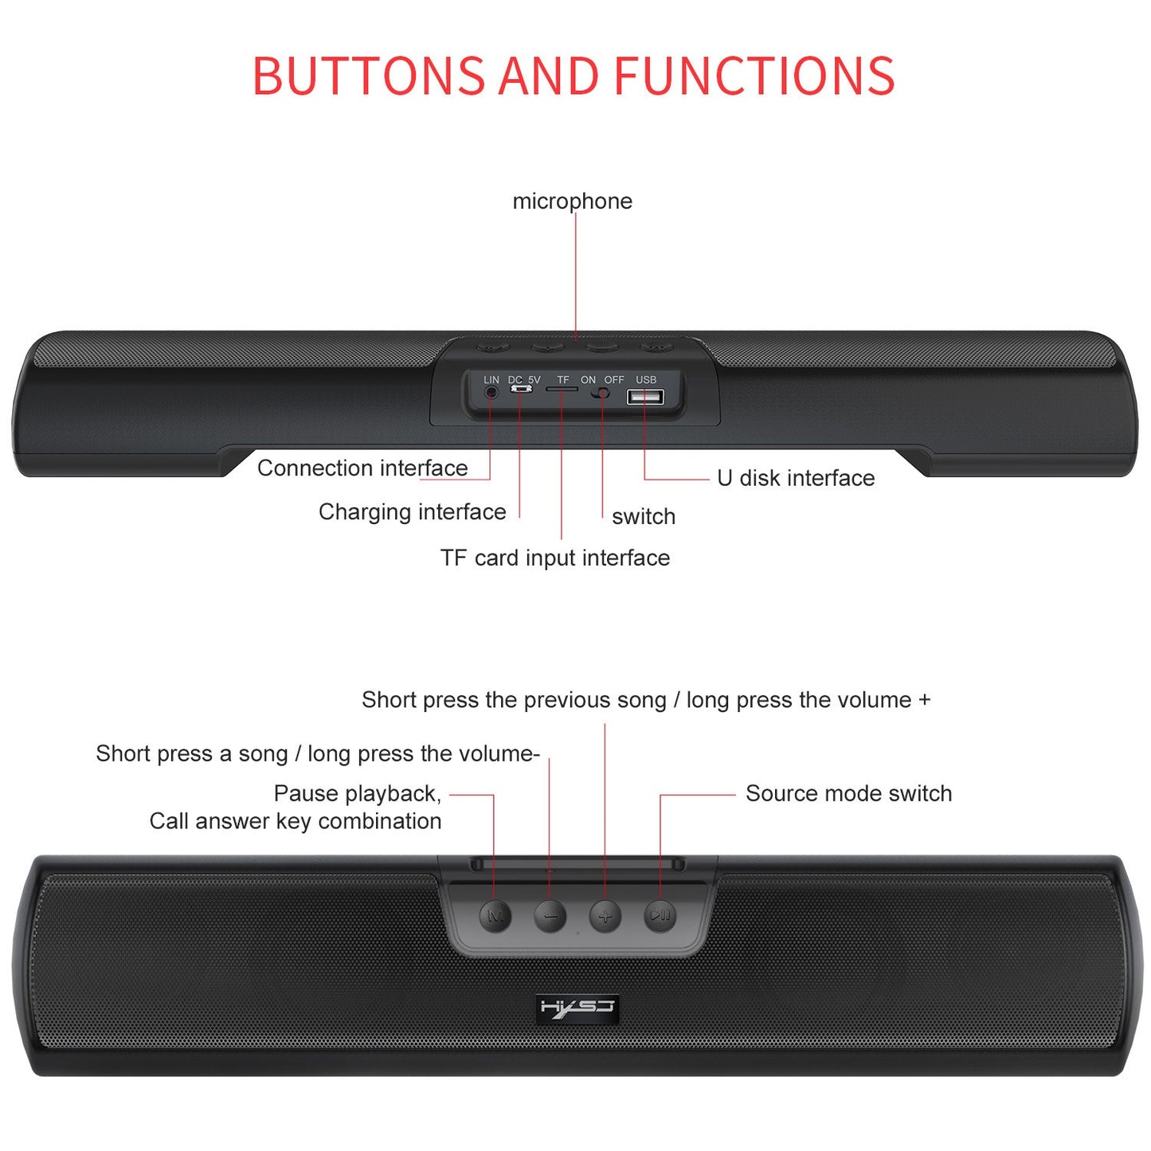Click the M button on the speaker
(495, 916)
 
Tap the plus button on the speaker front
(605, 916)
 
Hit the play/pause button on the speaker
(660, 916)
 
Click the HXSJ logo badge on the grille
(577, 1008)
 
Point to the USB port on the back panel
(645, 396)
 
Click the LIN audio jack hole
(491, 393)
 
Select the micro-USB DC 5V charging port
(521, 390)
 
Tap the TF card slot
(562, 389)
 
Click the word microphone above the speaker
(572, 202)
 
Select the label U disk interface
(796, 478)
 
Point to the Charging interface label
(412, 511)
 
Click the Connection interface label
(362, 468)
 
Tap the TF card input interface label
(555, 558)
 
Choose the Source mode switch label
(848, 793)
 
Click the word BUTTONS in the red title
(368, 76)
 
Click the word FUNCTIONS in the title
(754, 76)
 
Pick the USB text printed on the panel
(646, 380)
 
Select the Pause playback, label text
(357, 793)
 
